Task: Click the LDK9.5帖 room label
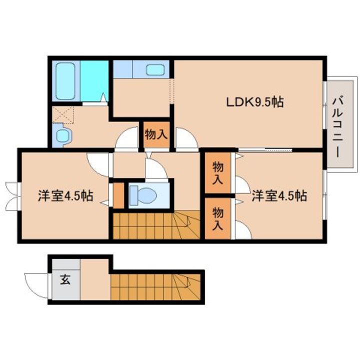(x=255, y=102)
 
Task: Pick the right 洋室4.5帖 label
(x=278, y=195)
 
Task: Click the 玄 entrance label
(x=65, y=279)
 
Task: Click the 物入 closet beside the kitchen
(x=155, y=134)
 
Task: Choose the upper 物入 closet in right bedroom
(x=217, y=173)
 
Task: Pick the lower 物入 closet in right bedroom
(x=217, y=218)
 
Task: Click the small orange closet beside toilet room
(x=118, y=195)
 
